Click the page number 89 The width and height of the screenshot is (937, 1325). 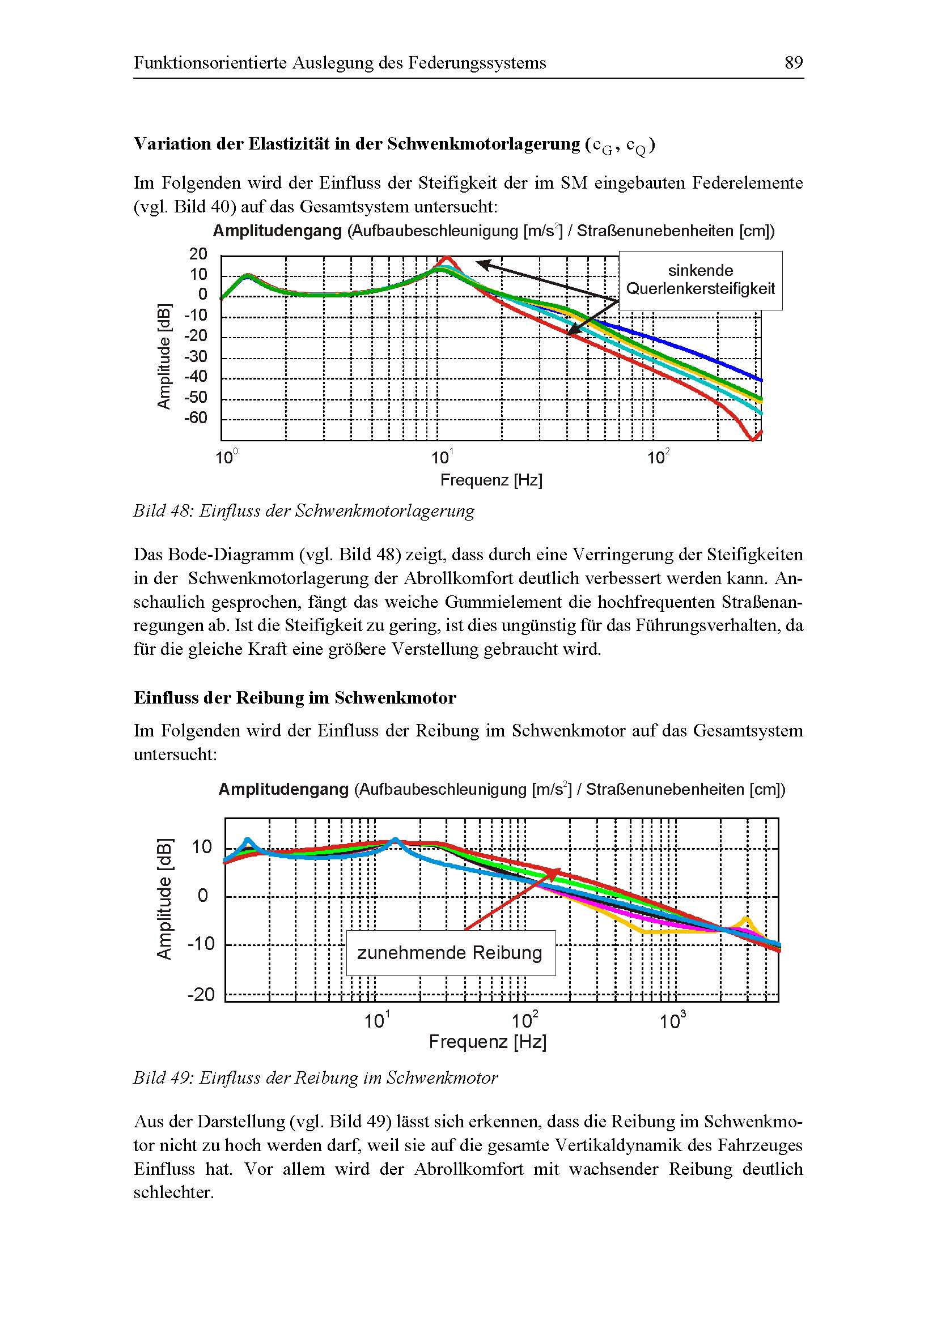[794, 62]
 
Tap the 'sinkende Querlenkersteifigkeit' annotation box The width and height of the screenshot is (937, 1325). [700, 280]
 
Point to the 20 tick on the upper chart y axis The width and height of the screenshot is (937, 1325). [198, 254]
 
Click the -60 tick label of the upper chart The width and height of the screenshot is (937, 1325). [195, 418]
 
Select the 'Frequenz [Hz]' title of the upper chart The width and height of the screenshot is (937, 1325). [491, 480]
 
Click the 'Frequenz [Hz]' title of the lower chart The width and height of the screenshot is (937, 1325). [488, 1042]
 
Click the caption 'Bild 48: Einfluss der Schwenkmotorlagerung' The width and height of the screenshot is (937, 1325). [304, 511]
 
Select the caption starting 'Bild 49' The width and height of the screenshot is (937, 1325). [315, 1078]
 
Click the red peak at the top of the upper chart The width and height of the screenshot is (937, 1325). [446, 258]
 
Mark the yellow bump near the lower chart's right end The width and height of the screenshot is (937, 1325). [746, 919]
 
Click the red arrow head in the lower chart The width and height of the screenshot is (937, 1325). [555, 872]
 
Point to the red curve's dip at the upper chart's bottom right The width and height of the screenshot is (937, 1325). [752, 438]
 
